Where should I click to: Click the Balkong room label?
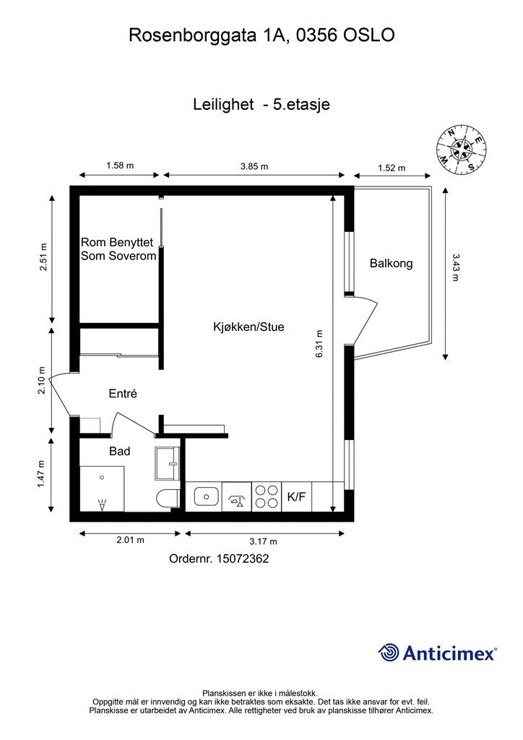click(391, 263)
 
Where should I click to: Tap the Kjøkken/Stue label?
click(248, 327)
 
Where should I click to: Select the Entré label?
click(123, 393)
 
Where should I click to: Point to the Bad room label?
click(120, 451)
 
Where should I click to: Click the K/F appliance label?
click(297, 496)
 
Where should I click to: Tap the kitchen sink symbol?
click(206, 496)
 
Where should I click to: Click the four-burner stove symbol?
click(267, 496)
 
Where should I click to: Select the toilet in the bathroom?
click(168, 499)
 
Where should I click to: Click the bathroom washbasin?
click(168, 464)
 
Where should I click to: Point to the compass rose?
click(461, 150)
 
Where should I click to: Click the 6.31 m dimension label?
click(319, 343)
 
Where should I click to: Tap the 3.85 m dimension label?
click(254, 166)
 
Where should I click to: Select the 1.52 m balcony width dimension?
click(392, 168)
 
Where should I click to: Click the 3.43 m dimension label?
click(455, 267)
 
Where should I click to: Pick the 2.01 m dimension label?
click(131, 540)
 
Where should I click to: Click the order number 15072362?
click(243, 559)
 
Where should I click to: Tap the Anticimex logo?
click(437, 653)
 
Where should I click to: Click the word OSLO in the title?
click(369, 35)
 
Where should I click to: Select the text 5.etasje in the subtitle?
click(301, 104)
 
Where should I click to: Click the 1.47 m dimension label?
click(41, 474)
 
